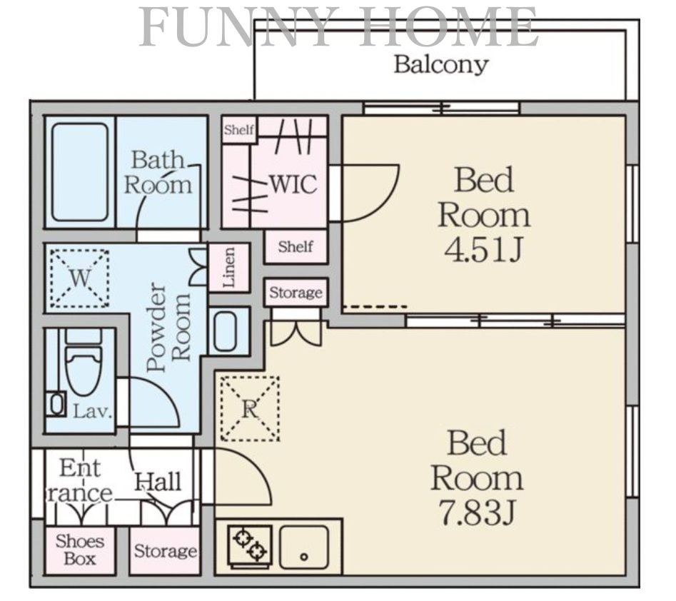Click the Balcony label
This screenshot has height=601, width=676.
(x=440, y=66)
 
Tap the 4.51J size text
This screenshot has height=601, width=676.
(x=484, y=250)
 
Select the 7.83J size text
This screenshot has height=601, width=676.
(x=477, y=512)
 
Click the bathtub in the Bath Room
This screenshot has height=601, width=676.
(x=80, y=171)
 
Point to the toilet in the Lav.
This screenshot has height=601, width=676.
(x=84, y=362)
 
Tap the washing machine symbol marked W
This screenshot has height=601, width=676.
(x=79, y=278)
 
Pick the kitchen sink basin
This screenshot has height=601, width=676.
(x=303, y=547)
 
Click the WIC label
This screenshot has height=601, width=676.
(x=293, y=184)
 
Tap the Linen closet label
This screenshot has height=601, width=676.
(x=229, y=267)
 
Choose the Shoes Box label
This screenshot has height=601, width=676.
(x=80, y=550)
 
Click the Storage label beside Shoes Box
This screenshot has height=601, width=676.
(x=165, y=552)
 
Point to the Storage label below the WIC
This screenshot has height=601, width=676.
(x=296, y=293)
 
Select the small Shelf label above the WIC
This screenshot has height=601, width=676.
(x=239, y=129)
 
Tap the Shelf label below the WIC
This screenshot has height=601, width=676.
(x=296, y=246)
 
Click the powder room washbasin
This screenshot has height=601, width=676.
(x=226, y=331)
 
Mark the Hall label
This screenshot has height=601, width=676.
(x=158, y=482)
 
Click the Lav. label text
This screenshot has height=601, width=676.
(x=92, y=412)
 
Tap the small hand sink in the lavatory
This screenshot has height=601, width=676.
(x=56, y=405)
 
